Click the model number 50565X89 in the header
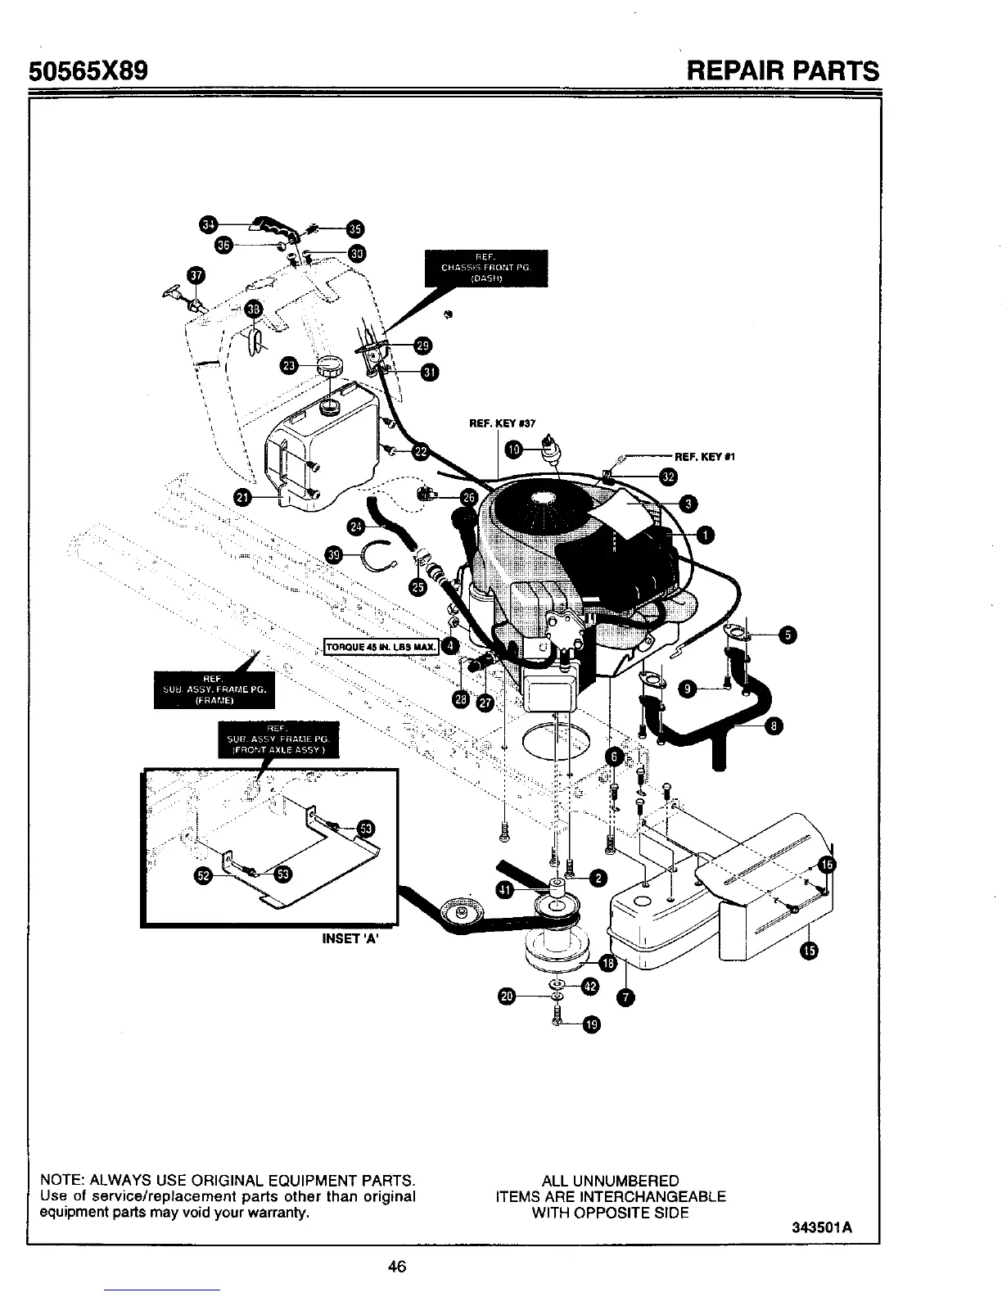[x=88, y=70]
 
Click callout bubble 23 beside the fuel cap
[x=289, y=365]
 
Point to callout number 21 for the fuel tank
[x=243, y=496]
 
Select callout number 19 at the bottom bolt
[x=592, y=1024]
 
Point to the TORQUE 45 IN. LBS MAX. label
[x=383, y=647]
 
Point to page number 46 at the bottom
[x=397, y=1267]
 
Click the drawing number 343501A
[x=822, y=1228]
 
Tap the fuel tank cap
[x=331, y=367]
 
